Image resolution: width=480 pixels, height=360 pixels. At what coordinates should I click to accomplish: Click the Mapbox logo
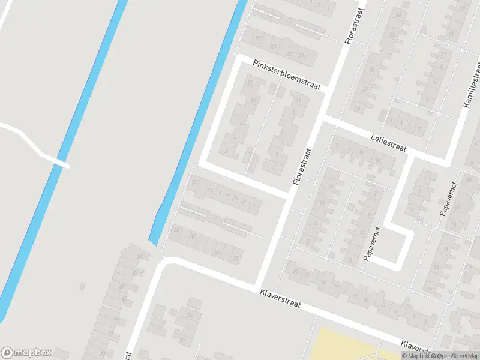click(x=26, y=352)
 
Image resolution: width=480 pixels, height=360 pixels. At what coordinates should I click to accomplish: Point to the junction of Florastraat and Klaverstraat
click(x=259, y=283)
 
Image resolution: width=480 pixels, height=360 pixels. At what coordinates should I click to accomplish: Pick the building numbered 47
click(x=122, y=287)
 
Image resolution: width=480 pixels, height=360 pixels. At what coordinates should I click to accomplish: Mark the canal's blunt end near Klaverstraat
click(x=153, y=242)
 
